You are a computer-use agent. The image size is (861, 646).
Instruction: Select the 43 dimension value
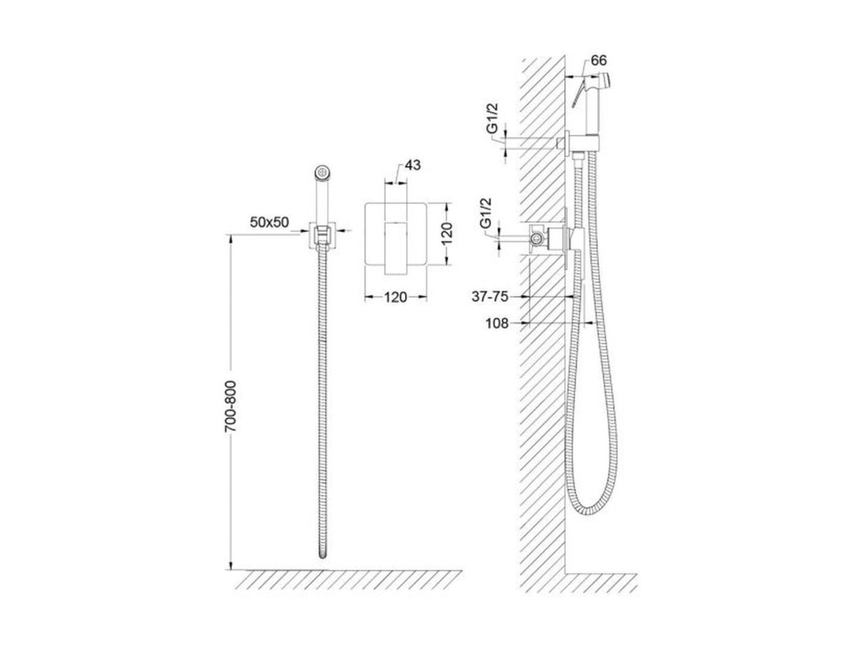(413, 165)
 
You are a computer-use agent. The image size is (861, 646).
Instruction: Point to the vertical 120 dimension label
(446, 233)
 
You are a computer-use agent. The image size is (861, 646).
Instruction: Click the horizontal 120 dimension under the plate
(395, 297)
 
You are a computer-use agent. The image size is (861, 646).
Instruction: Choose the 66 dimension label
(599, 61)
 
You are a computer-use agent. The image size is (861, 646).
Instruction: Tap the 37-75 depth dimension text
(490, 297)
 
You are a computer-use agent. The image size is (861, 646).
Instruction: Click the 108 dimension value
(497, 323)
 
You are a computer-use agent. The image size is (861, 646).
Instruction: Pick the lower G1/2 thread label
(486, 214)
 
